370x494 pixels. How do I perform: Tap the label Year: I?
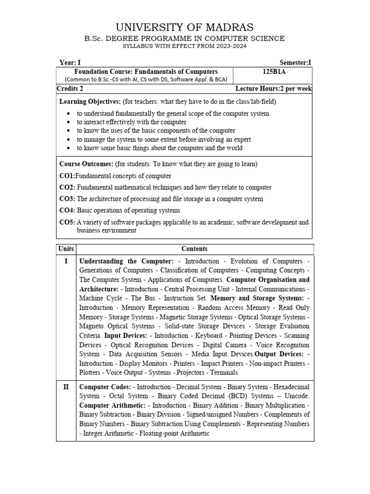pyautogui.click(x=71, y=63)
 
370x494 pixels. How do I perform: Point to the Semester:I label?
pyautogui.click(x=296, y=63)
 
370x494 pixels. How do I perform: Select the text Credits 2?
pyautogui.click(x=70, y=88)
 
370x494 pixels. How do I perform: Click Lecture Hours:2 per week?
pyautogui.click(x=273, y=88)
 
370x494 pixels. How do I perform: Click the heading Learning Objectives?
pyautogui.click(x=90, y=102)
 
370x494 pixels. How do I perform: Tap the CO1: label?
pyautogui.click(x=67, y=176)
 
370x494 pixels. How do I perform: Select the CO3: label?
pyautogui.click(x=67, y=199)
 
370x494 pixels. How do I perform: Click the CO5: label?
pyautogui.click(x=67, y=222)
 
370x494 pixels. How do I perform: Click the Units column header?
pyautogui.click(x=66, y=249)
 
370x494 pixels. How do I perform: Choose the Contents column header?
pyautogui.click(x=195, y=249)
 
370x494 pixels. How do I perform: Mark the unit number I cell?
pyautogui.click(x=66, y=261)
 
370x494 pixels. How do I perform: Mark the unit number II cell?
pyautogui.click(x=66, y=387)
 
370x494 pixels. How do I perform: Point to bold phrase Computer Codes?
pyautogui.click(x=105, y=387)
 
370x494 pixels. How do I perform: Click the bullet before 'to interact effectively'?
pyautogui.click(x=70, y=123)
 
